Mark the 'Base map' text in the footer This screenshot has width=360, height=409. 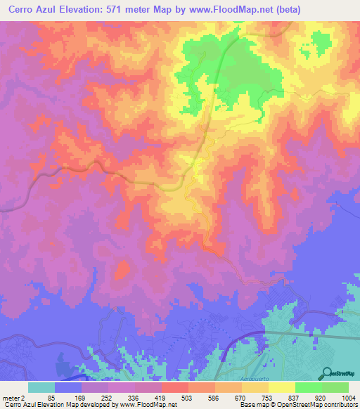[x=251, y=405]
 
